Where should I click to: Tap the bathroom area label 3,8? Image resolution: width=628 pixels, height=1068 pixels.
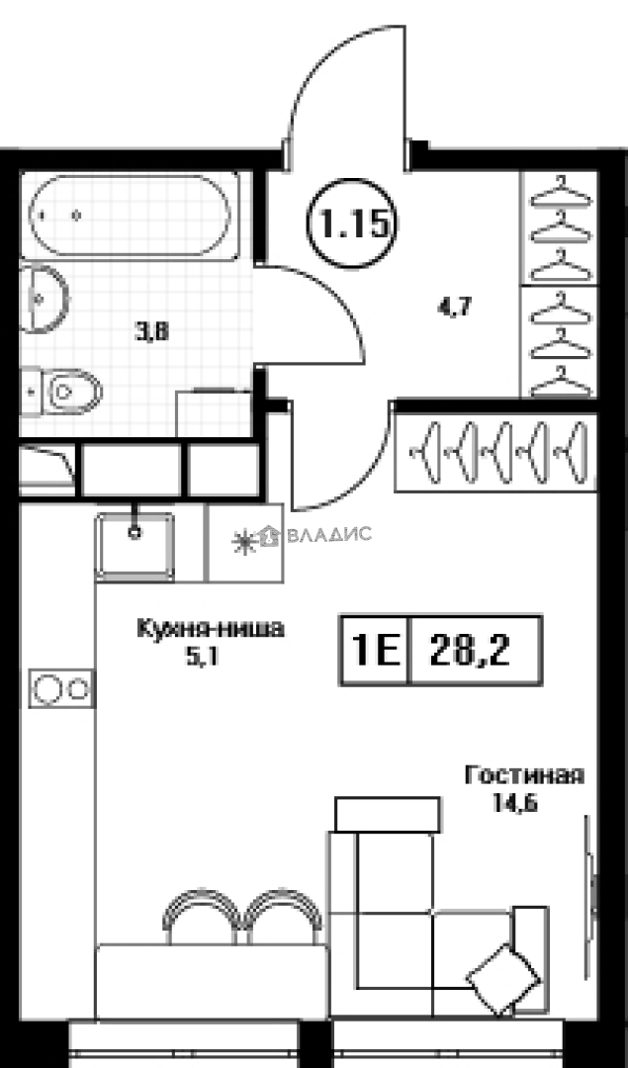(x=152, y=332)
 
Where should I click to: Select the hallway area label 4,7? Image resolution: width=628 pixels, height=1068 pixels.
(x=452, y=307)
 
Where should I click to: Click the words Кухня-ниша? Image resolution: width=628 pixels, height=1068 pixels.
(x=210, y=627)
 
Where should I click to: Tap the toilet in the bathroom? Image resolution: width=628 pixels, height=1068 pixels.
(x=69, y=392)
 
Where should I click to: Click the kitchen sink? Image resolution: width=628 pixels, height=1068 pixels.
(x=135, y=545)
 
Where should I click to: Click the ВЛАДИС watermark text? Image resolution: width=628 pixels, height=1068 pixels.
(x=328, y=535)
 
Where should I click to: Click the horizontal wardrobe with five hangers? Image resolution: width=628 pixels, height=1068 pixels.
(x=494, y=452)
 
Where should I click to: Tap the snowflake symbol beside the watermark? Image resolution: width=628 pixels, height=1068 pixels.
(x=240, y=540)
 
